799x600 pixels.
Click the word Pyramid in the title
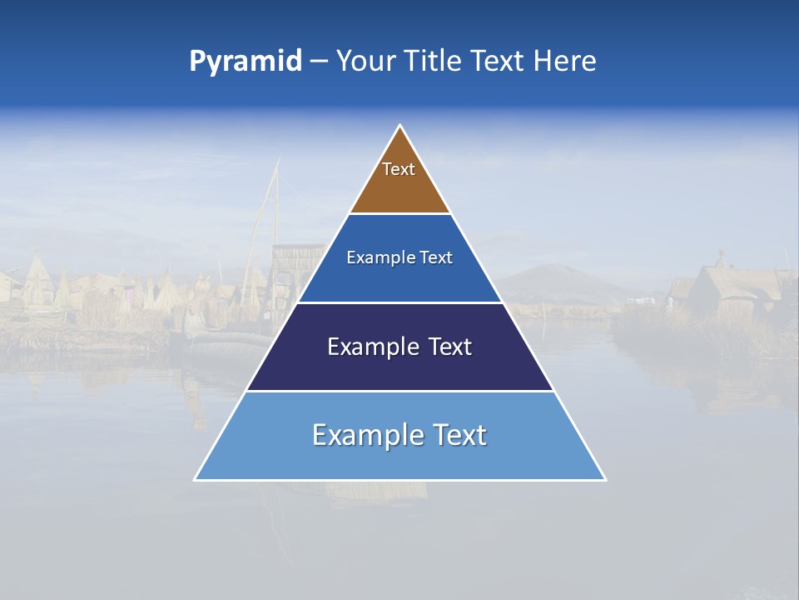(x=246, y=62)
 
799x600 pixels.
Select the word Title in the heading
(x=438, y=62)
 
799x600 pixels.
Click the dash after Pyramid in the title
(x=319, y=62)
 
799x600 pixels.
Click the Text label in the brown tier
(x=399, y=169)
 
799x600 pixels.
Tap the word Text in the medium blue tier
(x=437, y=258)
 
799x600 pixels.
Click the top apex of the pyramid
(x=399, y=127)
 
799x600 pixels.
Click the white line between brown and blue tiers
(x=399, y=214)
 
